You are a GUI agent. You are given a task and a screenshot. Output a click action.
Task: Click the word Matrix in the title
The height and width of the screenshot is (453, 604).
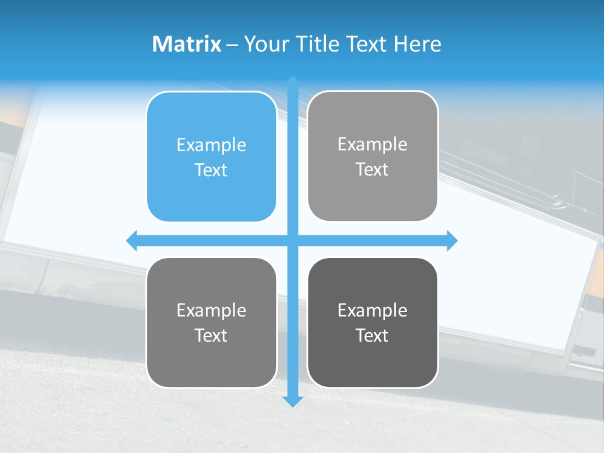(x=186, y=44)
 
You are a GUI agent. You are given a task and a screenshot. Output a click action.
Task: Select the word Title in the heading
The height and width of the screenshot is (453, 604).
(x=318, y=44)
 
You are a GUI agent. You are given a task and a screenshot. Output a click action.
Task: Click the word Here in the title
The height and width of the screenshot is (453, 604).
(x=418, y=44)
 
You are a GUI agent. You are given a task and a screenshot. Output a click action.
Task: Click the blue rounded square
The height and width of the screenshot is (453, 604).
(x=211, y=157)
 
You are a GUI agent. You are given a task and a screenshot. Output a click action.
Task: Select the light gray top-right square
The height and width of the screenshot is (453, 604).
(x=372, y=156)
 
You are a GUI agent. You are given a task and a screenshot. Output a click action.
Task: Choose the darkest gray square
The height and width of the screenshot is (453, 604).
(x=372, y=322)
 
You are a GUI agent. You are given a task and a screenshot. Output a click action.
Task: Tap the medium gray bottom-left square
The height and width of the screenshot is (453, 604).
(x=211, y=322)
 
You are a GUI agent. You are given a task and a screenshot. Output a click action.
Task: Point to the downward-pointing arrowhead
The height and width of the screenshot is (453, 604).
(x=293, y=401)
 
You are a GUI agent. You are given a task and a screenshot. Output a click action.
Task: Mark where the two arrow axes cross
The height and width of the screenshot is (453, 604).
(x=293, y=240)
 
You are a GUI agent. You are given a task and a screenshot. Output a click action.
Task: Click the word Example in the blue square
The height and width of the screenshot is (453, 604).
(x=211, y=145)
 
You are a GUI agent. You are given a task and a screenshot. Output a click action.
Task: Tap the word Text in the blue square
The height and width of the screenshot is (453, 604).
(x=211, y=170)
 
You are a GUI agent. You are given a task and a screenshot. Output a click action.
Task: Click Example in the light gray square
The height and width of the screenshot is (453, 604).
(x=372, y=144)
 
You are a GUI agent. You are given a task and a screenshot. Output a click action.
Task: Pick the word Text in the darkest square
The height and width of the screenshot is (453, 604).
(x=372, y=335)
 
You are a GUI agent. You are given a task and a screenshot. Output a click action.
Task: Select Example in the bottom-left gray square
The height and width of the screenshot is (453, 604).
(x=211, y=310)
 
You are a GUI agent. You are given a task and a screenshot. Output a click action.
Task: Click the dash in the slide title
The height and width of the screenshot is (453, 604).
(x=232, y=45)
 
